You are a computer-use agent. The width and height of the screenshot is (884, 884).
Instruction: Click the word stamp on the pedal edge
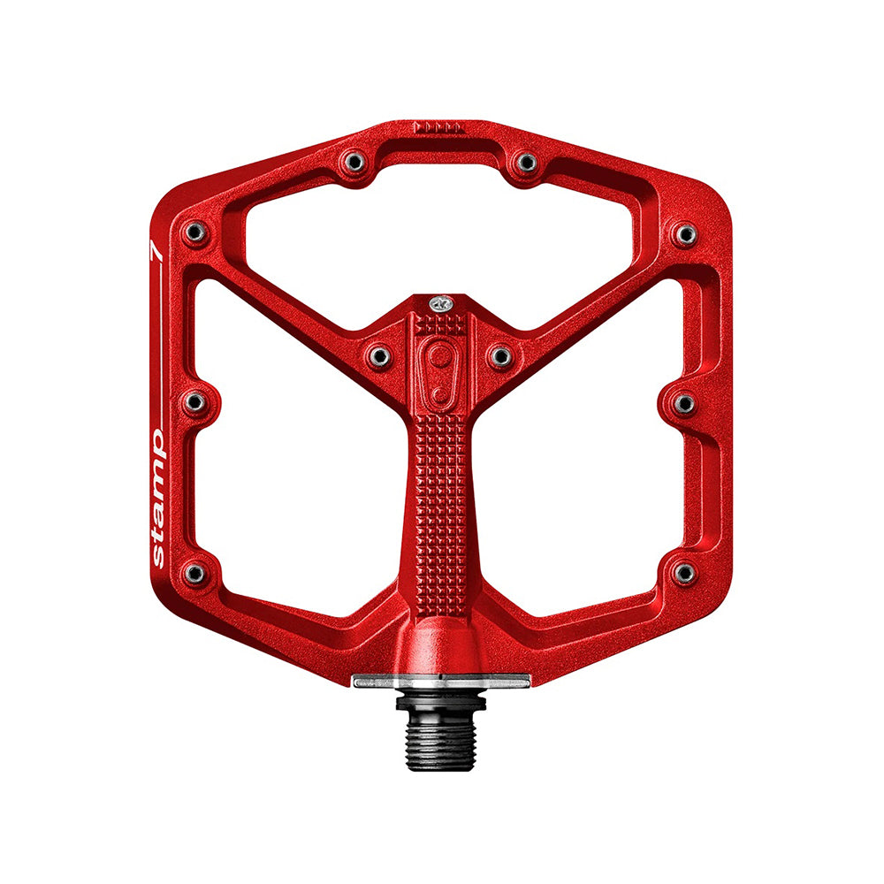158,499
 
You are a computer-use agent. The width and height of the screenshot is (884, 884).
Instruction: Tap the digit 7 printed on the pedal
156,251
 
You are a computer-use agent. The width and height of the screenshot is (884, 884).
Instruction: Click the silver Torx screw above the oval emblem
441,304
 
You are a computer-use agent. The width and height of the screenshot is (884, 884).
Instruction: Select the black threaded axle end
441,733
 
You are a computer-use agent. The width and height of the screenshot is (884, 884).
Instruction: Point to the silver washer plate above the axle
441,682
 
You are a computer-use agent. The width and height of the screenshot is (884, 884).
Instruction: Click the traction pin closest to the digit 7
195,232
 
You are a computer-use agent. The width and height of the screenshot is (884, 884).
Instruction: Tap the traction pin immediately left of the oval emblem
379,356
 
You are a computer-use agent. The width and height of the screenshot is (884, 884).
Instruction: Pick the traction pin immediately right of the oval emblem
500,356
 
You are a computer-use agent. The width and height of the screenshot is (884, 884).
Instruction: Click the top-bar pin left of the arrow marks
354,163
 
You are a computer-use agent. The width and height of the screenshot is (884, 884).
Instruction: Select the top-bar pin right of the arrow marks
527,163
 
